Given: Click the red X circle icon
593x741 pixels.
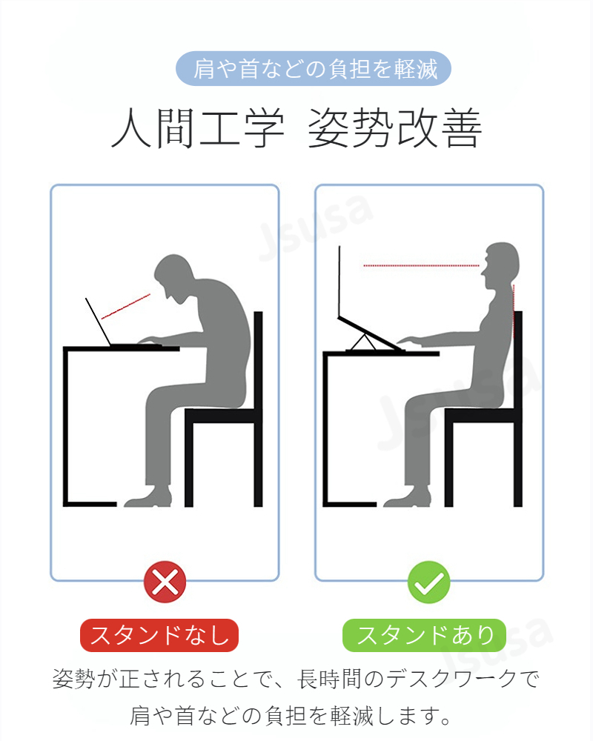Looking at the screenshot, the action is pos(165,582).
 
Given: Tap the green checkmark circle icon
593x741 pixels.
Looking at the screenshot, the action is pos(429,582).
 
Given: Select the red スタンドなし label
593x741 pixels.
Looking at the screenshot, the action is pos(159,635).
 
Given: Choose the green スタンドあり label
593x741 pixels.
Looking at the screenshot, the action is pos(424,635).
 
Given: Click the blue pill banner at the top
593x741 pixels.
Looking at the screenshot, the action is pos(314,68).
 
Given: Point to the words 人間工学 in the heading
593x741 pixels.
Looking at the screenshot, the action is pos(198,127).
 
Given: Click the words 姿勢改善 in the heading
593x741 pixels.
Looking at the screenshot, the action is pos(395,127).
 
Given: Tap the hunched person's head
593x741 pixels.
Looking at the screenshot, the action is pos(174,278).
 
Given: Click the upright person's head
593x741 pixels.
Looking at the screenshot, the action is pos(501,265).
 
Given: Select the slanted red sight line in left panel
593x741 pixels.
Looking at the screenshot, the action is pos(126,306).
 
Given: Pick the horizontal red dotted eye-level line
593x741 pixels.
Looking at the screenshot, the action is pos(421,265).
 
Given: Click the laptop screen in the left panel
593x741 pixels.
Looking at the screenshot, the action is pos(99,322).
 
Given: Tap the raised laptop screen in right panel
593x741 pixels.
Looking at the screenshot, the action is pos(339,282).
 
